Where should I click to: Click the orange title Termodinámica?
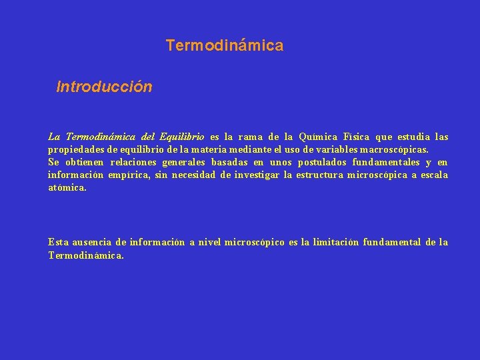(x=225, y=45)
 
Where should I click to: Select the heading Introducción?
(x=105, y=87)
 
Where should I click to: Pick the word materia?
(x=193, y=150)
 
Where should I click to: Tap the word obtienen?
(x=85, y=162)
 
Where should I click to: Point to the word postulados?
(x=322, y=162)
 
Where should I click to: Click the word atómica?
(x=67, y=188)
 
